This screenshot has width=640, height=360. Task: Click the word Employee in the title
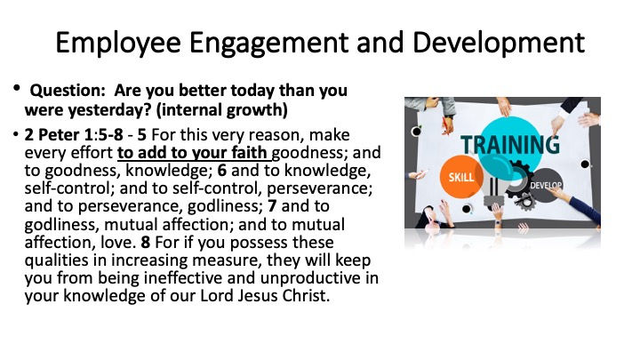[x=118, y=44]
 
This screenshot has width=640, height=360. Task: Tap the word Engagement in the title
[x=269, y=44]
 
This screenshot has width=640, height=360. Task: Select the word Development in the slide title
[x=499, y=43]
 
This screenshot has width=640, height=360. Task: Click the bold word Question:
[x=68, y=91]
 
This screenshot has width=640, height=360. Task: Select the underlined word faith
[x=249, y=153]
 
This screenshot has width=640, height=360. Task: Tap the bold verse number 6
[x=221, y=171]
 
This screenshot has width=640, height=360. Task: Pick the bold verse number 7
[x=272, y=206]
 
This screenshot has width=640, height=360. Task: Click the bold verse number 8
[x=146, y=243]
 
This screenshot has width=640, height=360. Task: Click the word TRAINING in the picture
[x=510, y=145]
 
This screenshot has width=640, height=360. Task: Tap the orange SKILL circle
[x=461, y=177]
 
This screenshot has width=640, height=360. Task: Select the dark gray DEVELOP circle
[x=547, y=185]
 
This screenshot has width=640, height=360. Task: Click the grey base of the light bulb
[x=494, y=201]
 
